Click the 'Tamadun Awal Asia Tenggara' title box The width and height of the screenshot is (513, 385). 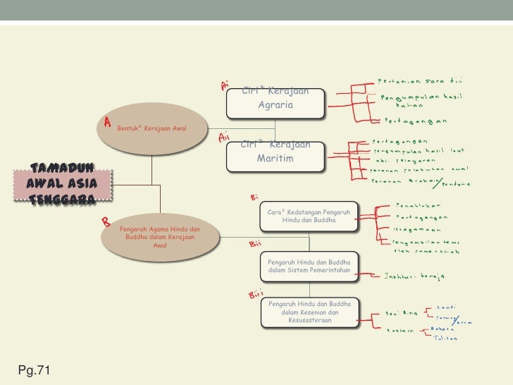(62, 185)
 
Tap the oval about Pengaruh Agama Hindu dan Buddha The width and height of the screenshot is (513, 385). (159, 238)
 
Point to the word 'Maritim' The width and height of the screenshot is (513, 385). (275, 158)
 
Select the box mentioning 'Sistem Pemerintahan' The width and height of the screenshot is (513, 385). (311, 267)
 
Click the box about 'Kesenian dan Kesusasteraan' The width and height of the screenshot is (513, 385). (311, 312)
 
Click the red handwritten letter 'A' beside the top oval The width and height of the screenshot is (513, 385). (108, 123)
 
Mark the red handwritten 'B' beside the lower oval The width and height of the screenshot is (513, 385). (105, 223)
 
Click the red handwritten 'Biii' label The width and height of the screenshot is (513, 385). (256, 293)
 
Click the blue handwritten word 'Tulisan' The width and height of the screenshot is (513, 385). (445, 338)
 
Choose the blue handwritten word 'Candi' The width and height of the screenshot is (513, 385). (446, 306)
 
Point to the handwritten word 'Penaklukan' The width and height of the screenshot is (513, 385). (423, 205)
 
